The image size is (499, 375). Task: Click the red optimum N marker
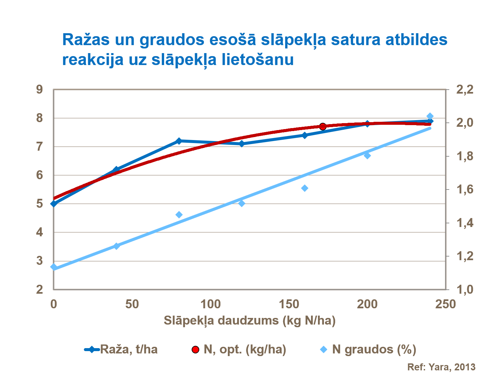tap(323, 126)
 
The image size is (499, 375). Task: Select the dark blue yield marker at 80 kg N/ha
tap(179, 141)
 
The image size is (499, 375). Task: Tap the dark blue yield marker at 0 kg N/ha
tap(54, 203)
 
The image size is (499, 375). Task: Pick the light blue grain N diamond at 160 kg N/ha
tap(305, 188)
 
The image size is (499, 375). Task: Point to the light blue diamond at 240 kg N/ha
tap(430, 116)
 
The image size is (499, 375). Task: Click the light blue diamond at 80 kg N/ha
tap(179, 215)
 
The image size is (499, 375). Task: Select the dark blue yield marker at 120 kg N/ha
tap(242, 144)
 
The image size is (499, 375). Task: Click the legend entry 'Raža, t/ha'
tap(129, 349)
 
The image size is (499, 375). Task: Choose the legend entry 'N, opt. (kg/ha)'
tap(245, 349)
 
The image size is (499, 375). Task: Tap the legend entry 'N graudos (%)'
tap(374, 349)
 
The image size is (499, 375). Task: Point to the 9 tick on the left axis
tap(40, 89)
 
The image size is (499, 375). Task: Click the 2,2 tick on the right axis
tap(465, 89)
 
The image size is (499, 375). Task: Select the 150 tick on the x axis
tap(289, 304)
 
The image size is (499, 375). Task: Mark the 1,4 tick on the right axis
tap(465, 223)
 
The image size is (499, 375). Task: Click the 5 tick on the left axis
tap(40, 203)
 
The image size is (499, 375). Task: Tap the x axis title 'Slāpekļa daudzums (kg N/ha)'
tap(250, 320)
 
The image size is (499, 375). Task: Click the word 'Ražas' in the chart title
tap(86, 39)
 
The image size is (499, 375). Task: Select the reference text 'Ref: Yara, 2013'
tap(441, 367)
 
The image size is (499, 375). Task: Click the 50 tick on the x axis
tap(132, 304)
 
